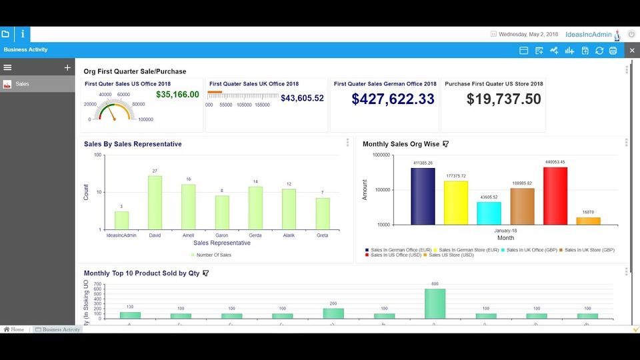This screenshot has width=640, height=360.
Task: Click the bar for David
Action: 155,203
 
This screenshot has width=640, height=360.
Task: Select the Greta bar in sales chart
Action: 323,213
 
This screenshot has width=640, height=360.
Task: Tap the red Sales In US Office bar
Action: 555,195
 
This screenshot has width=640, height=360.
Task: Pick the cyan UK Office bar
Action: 489,213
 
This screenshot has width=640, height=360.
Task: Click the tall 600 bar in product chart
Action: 435,303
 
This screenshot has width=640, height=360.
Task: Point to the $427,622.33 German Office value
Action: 393,99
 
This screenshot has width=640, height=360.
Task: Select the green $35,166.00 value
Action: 177,95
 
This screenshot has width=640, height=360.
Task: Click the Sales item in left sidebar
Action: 23,84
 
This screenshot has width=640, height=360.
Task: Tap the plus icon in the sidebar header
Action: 67,67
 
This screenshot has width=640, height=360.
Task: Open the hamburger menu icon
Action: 8,67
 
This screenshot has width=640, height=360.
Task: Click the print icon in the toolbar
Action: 613,51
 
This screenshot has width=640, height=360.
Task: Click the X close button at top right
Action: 632,51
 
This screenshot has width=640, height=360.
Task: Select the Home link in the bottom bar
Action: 14,329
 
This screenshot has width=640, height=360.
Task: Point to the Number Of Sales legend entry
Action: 214,255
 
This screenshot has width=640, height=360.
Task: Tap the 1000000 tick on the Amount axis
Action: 381,155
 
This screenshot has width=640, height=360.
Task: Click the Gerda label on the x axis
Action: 255,235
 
